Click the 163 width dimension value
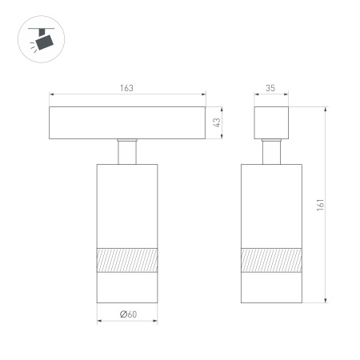coord(126,88)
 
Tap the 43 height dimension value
coord(217,122)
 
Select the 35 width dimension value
coord(271,88)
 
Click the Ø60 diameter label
coord(127,314)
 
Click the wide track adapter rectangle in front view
coord(126,122)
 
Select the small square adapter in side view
coord(272,122)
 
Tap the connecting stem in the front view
coord(127,152)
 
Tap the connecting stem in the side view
coord(272,152)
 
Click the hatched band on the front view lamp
coord(127,260)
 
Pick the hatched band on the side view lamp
coord(272,260)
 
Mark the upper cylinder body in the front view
coord(127,204)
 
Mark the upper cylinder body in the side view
coord(272,204)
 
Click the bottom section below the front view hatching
coord(127,287)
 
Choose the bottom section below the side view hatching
coord(272,287)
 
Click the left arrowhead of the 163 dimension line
coord(52,94)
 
